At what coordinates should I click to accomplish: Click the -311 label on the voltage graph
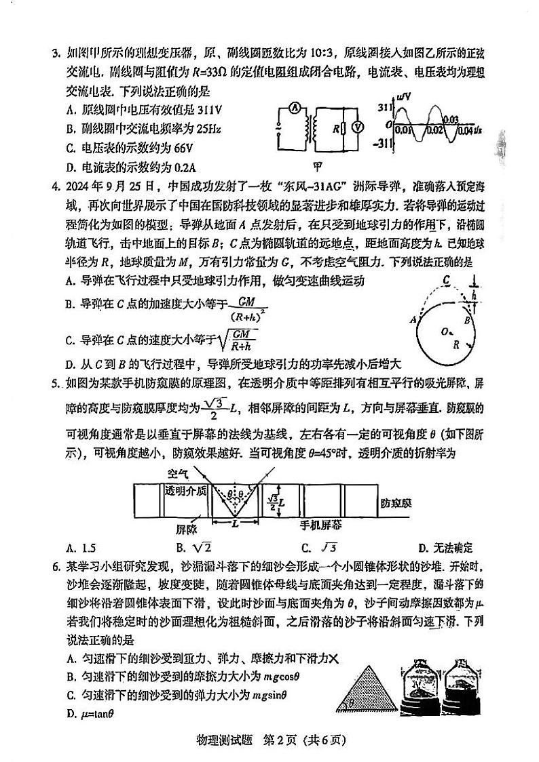(x=383, y=143)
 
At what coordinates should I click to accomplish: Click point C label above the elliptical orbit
(x=446, y=279)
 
